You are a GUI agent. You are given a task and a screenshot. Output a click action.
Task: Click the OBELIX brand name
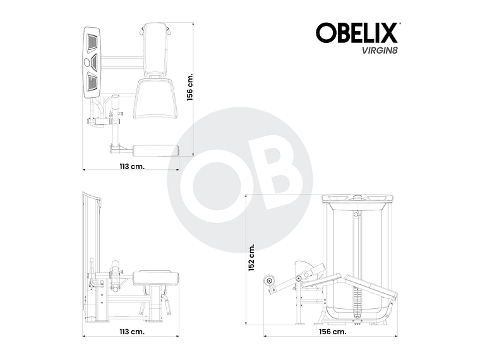pos(357,32)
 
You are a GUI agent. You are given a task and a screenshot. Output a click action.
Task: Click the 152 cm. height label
pos(251,258)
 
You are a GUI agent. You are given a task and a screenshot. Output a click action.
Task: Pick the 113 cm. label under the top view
pos(132,166)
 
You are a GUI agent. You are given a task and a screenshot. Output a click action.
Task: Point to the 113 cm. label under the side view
pos(132,330)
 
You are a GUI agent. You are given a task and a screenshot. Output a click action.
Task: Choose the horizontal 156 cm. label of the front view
pos(332,331)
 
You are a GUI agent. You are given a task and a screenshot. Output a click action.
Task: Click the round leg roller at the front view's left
pos(270,280)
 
